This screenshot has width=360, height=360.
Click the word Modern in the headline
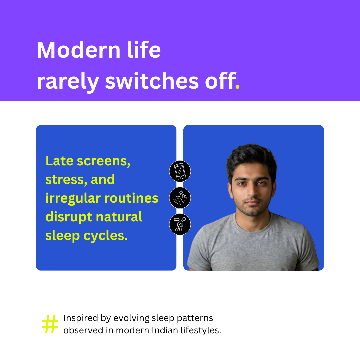pyautogui.click(x=79, y=50)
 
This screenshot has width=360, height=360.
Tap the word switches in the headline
pyautogui.click(x=152, y=81)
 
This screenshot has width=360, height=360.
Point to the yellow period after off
pyautogui.click(x=238, y=87)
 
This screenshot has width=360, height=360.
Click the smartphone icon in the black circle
pyautogui.click(x=180, y=171)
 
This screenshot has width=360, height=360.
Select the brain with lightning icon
pyautogui.click(x=180, y=198)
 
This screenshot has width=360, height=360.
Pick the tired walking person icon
pyautogui.click(x=180, y=224)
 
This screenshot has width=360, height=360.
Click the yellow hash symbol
pyautogui.click(x=50, y=324)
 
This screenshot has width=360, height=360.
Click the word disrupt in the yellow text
pyautogui.click(x=69, y=217)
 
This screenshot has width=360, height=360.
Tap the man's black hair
pyautogui.click(x=251, y=158)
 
